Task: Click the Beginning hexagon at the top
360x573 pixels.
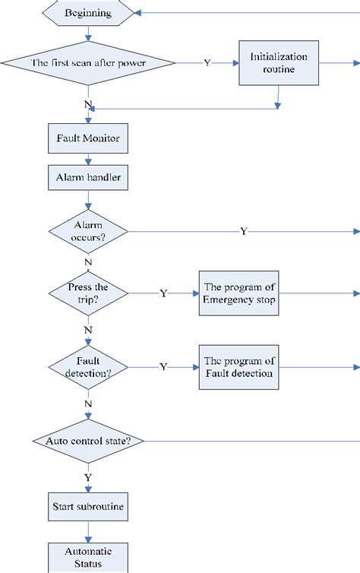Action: (x=90, y=12)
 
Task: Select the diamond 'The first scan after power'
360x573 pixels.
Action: (x=90, y=63)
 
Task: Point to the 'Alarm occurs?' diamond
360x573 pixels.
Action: (x=89, y=230)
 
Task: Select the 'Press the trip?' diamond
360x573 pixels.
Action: (x=89, y=293)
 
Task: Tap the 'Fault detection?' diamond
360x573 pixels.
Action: (x=89, y=367)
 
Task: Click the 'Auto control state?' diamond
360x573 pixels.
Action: (x=89, y=441)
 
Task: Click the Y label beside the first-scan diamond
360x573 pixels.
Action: (x=207, y=63)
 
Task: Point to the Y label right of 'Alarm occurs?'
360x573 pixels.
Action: (x=243, y=231)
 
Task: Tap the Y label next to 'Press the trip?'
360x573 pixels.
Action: (x=163, y=293)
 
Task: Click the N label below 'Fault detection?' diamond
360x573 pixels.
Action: (x=89, y=403)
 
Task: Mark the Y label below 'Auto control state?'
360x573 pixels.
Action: (x=89, y=477)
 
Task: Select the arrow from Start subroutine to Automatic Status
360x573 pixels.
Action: (x=89, y=530)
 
